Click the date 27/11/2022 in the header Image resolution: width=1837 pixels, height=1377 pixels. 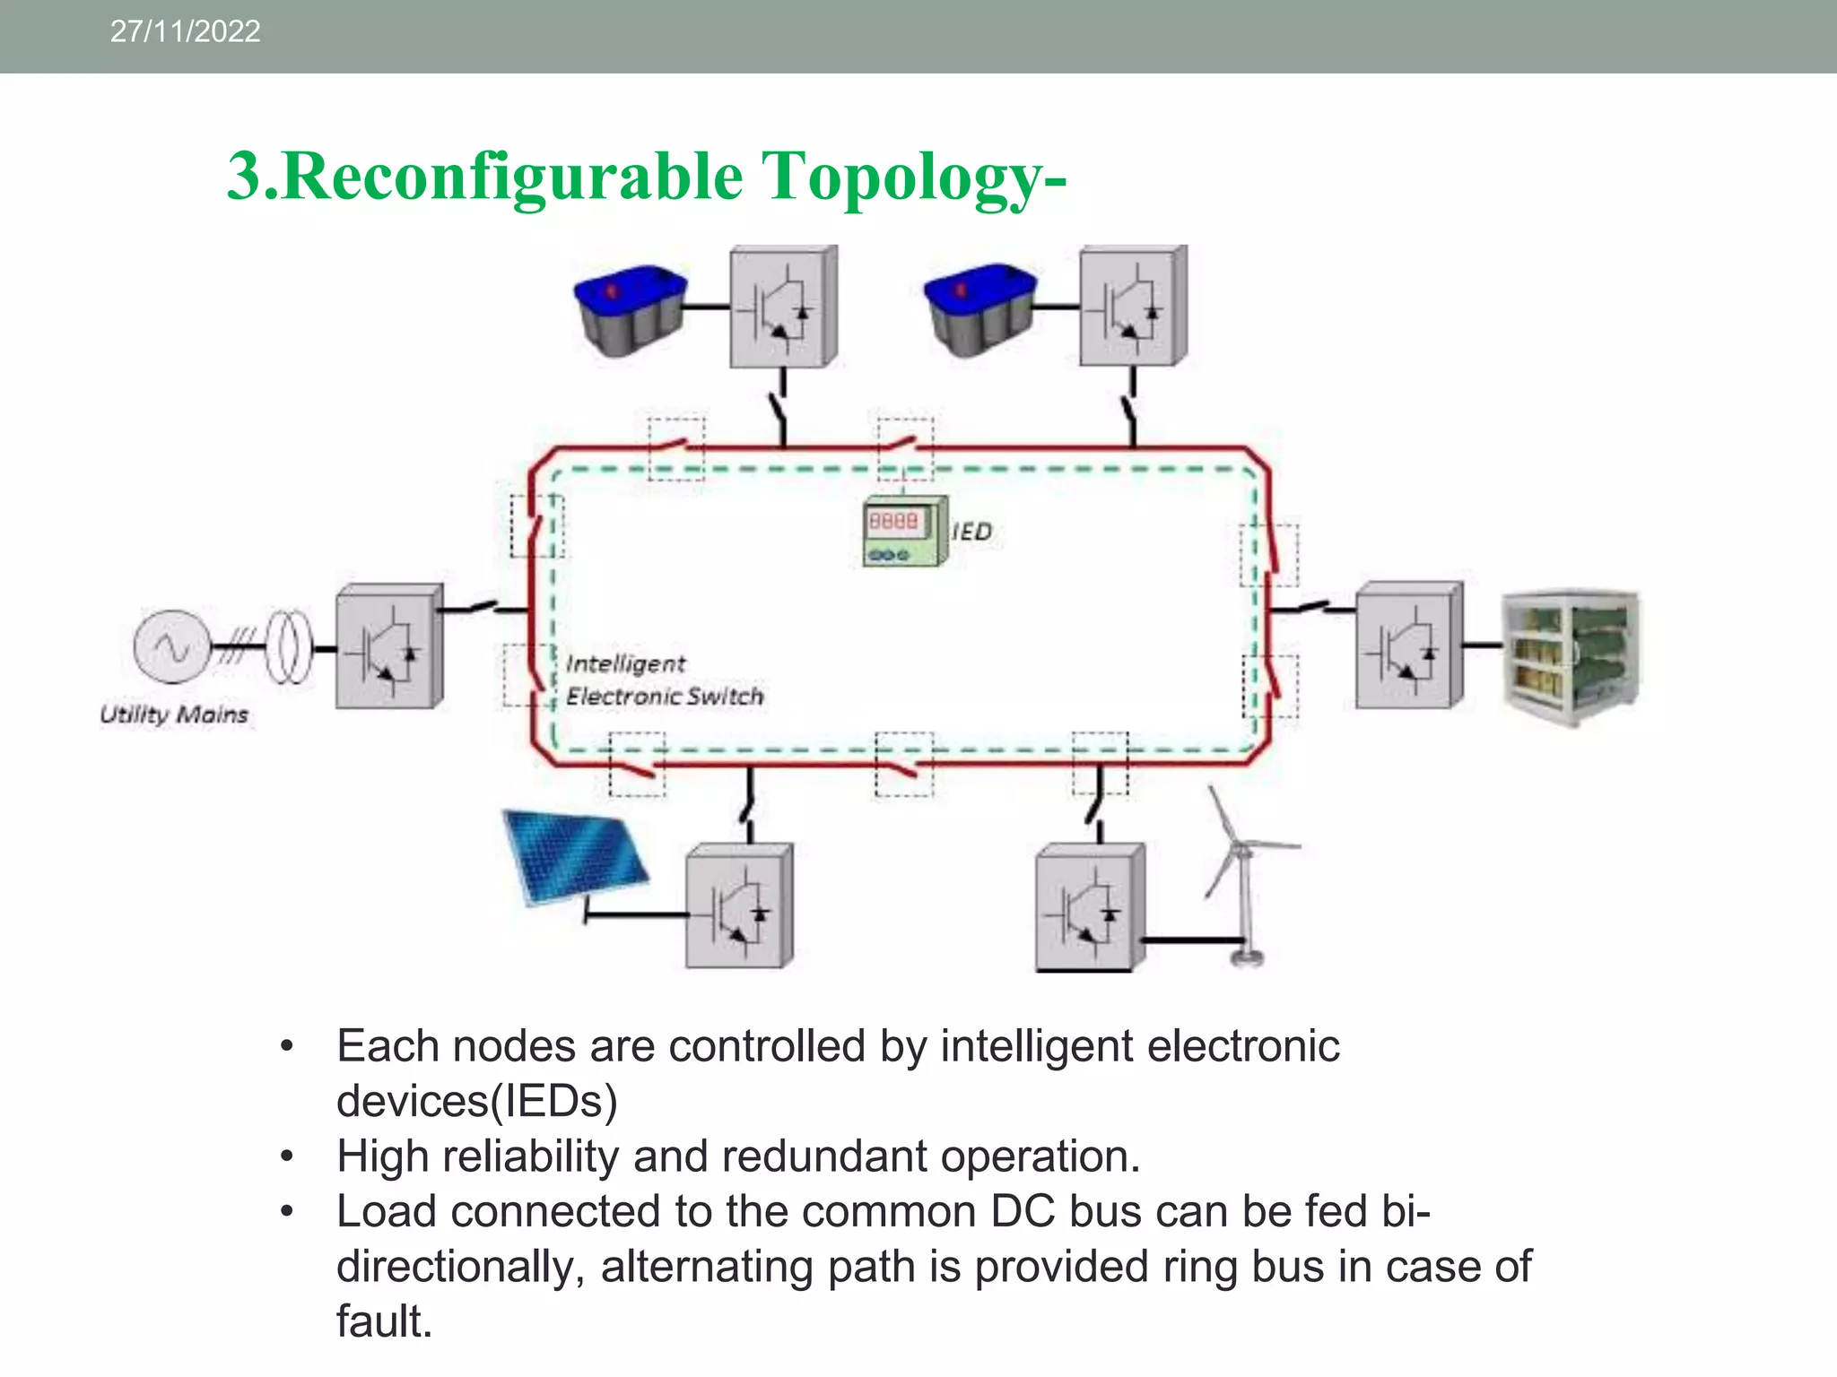point(185,31)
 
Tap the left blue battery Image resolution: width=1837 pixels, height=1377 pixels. point(631,309)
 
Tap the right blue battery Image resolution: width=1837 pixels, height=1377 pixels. point(980,309)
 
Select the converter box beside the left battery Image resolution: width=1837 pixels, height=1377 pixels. point(782,307)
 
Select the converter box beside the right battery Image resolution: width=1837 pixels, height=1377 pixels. point(1132,307)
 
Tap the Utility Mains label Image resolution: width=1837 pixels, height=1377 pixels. point(174,714)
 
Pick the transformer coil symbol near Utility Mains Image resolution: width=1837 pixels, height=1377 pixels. point(289,645)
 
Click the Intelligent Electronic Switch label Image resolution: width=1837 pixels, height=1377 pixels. point(664,680)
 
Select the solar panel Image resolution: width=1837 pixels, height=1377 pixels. point(574,856)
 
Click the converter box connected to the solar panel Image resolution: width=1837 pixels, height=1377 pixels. point(738,906)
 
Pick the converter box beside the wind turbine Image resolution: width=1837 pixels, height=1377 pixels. point(1088,906)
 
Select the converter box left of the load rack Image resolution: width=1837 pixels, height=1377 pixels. point(1408,646)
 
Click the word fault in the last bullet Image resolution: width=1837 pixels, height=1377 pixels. point(384,1321)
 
